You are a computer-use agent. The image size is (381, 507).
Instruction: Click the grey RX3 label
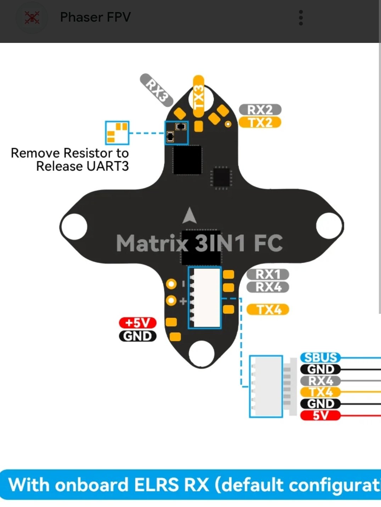click(156, 90)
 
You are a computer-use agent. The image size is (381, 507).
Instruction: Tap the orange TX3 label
click(198, 96)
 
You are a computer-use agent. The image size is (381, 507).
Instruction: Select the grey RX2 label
click(260, 110)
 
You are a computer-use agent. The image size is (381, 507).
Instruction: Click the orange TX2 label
click(260, 122)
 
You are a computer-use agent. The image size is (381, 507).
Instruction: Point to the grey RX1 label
click(268, 274)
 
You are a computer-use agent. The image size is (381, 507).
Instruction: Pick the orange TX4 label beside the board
click(268, 310)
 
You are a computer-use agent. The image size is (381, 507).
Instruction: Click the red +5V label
click(138, 323)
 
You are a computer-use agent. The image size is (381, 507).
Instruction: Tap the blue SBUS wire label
click(320, 357)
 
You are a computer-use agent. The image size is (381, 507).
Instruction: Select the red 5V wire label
click(320, 415)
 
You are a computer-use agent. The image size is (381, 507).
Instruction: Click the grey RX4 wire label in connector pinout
click(320, 381)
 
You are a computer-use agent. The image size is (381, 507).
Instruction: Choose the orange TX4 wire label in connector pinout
click(320, 392)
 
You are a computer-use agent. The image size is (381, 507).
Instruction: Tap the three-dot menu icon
click(301, 18)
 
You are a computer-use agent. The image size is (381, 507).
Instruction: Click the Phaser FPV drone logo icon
click(32, 18)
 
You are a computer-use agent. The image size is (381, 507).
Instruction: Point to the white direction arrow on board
click(190, 216)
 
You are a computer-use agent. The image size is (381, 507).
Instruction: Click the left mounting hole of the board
click(74, 226)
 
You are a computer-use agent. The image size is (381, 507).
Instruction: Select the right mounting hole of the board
click(329, 225)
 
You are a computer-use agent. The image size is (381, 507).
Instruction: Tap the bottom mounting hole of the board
click(202, 353)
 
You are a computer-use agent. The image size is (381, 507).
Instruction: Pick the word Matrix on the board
click(152, 243)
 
